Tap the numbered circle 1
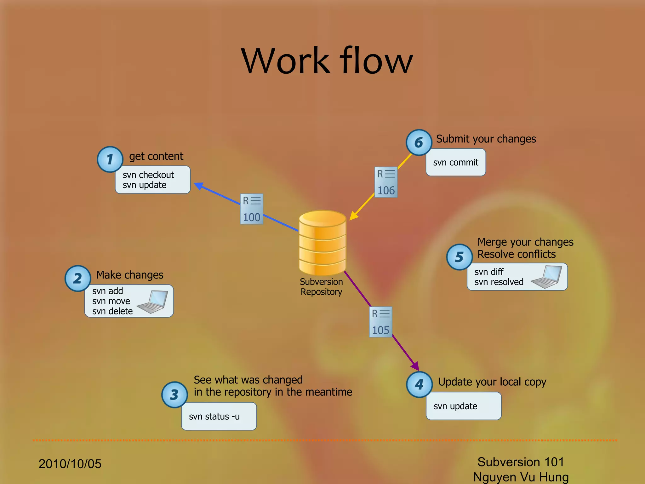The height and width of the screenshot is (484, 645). [x=110, y=159]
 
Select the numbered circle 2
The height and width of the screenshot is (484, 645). [x=78, y=279]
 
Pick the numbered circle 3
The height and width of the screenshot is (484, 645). [x=174, y=395]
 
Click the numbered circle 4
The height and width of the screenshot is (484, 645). [x=419, y=384]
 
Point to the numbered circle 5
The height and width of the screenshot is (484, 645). [x=459, y=257]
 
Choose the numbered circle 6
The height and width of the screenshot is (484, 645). [x=419, y=143]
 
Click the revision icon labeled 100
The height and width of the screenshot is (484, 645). [x=251, y=209]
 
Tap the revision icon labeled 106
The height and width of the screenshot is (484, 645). [x=386, y=182]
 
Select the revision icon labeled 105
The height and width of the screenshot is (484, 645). [x=380, y=322]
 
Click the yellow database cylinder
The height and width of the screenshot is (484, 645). [x=322, y=243]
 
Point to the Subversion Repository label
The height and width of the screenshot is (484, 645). [x=321, y=287]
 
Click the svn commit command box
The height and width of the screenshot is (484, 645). [x=455, y=162]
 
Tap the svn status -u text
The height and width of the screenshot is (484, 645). [x=214, y=417]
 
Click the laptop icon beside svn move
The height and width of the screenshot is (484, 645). [x=153, y=302]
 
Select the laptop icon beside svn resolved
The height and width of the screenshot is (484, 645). [x=547, y=277]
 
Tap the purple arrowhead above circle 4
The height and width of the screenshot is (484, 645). [x=415, y=366]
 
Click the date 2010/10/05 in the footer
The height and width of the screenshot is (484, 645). [x=70, y=464]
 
